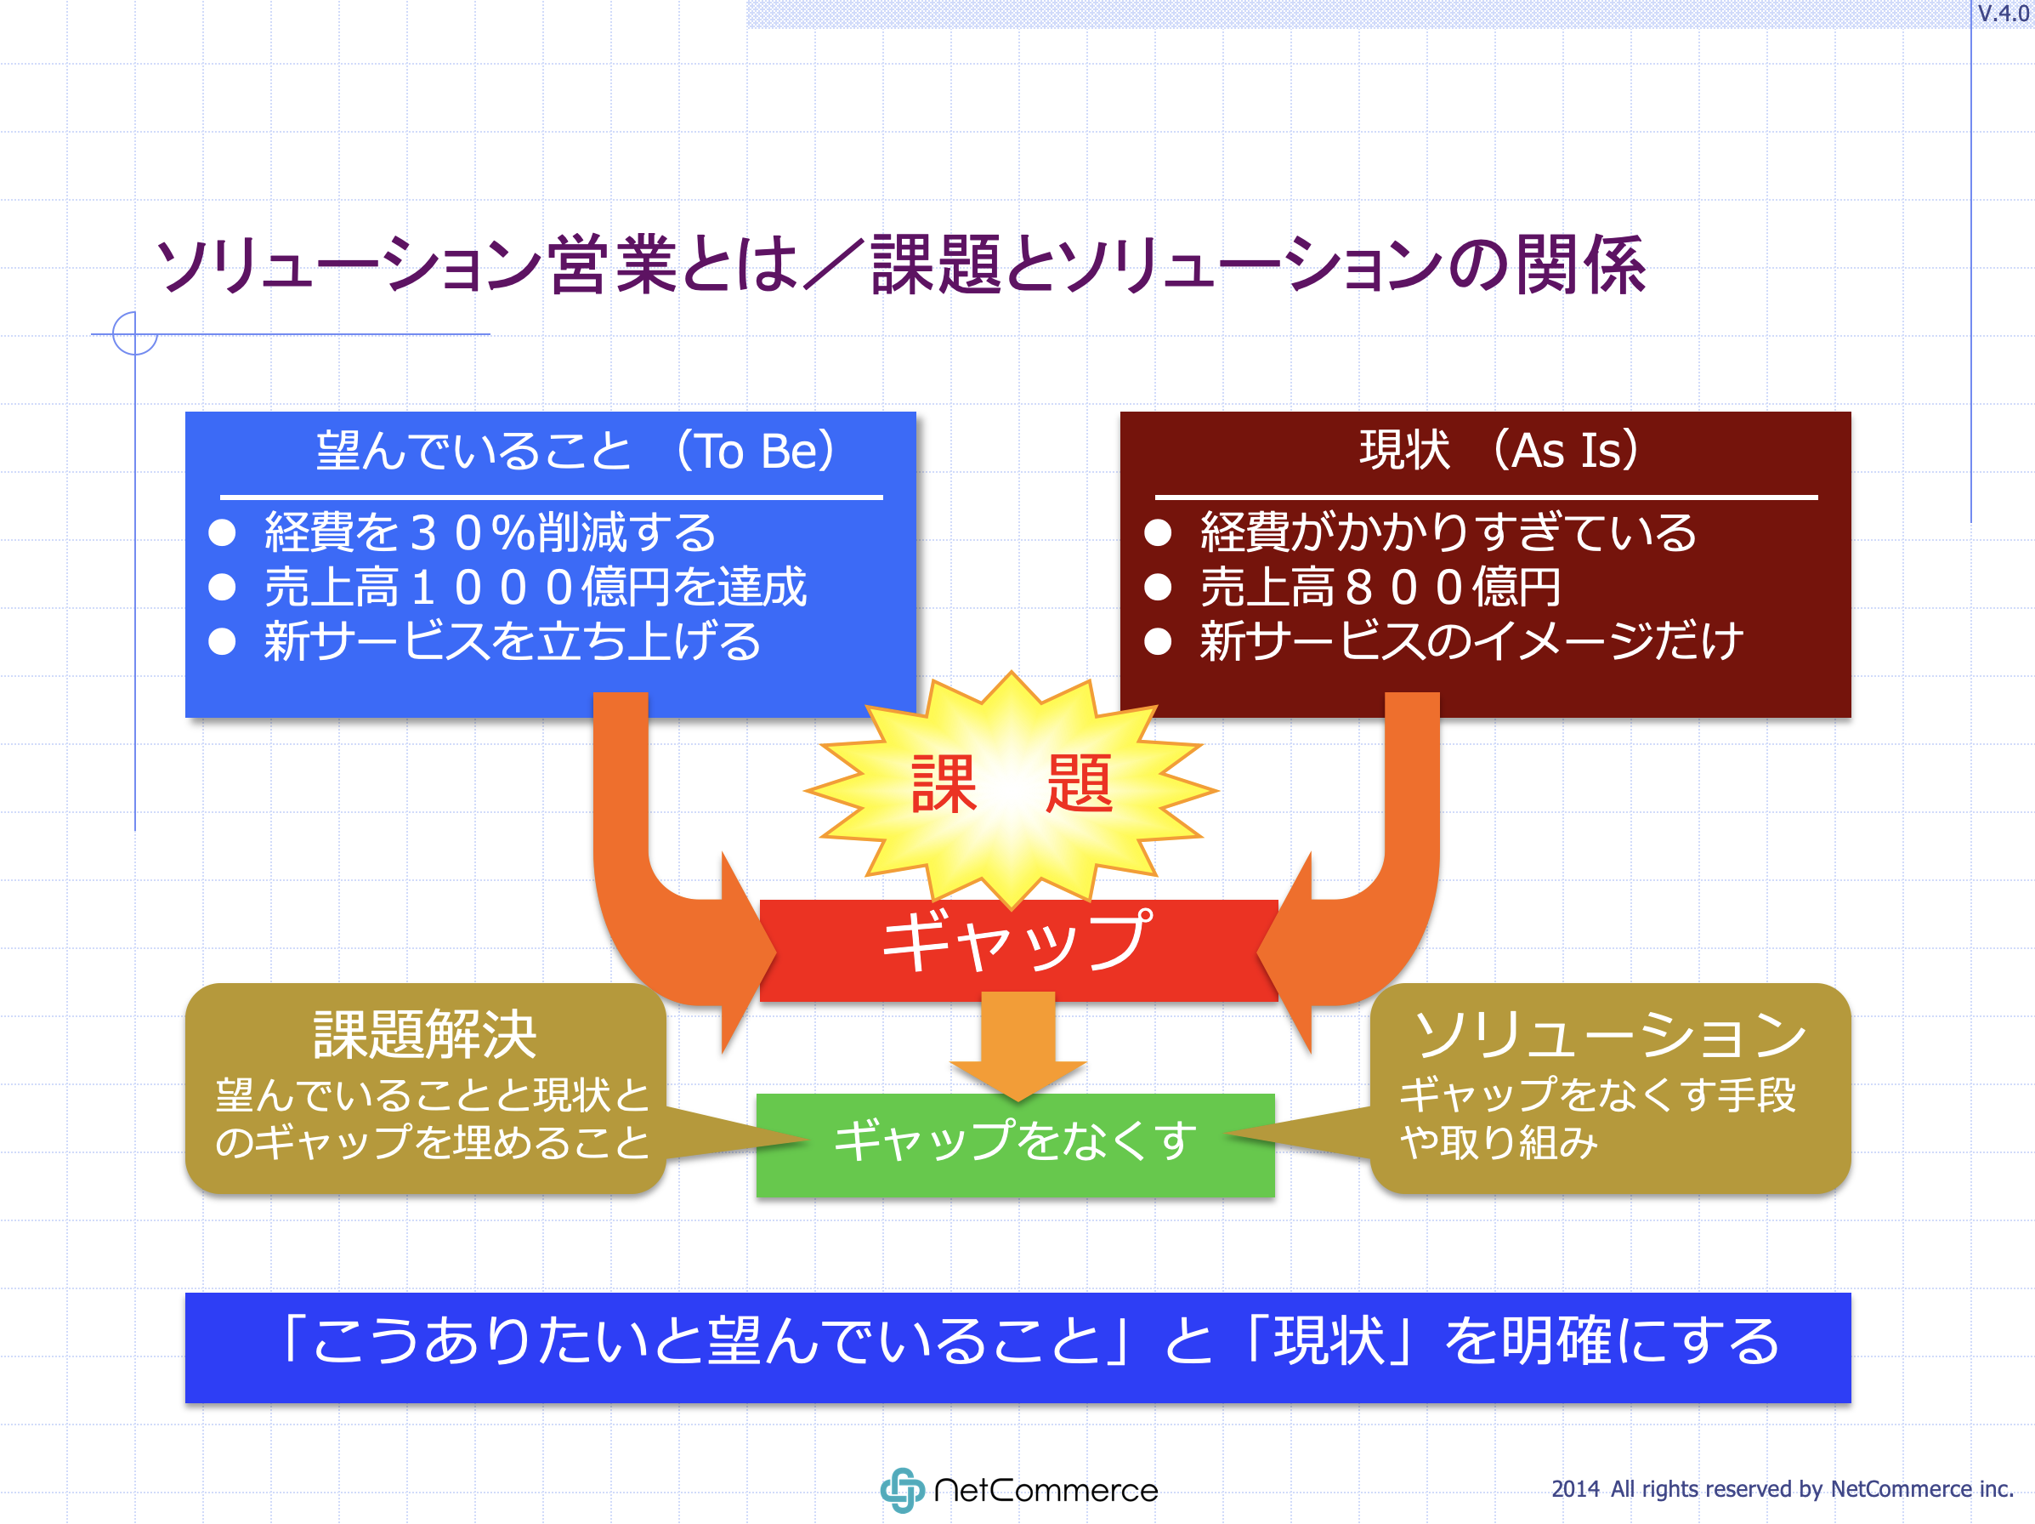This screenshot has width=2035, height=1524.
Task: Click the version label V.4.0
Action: click(2003, 14)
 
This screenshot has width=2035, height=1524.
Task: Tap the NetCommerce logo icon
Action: click(902, 1490)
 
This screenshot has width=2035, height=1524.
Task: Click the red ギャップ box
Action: click(1017, 948)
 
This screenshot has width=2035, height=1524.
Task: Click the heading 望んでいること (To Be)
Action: click(575, 451)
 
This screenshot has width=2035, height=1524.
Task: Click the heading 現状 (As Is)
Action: click(1499, 451)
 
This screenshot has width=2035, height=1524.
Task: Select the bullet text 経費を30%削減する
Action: click(490, 533)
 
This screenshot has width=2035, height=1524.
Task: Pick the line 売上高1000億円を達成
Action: click(535, 587)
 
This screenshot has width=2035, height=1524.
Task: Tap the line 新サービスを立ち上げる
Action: click(513, 641)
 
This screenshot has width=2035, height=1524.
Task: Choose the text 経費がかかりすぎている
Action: click(1448, 533)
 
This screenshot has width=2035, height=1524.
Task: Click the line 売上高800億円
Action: click(1380, 587)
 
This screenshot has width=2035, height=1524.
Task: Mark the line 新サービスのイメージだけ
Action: click(1471, 641)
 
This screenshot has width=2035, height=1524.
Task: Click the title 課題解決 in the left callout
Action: click(424, 1034)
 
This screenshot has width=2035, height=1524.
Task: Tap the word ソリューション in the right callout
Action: click(1610, 1034)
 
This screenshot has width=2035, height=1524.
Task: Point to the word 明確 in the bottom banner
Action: click(1555, 1341)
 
